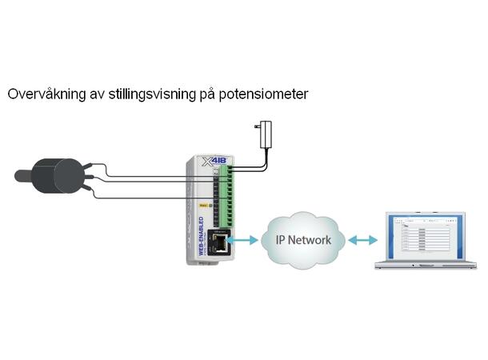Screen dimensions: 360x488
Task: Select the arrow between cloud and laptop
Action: [x=362, y=239]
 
